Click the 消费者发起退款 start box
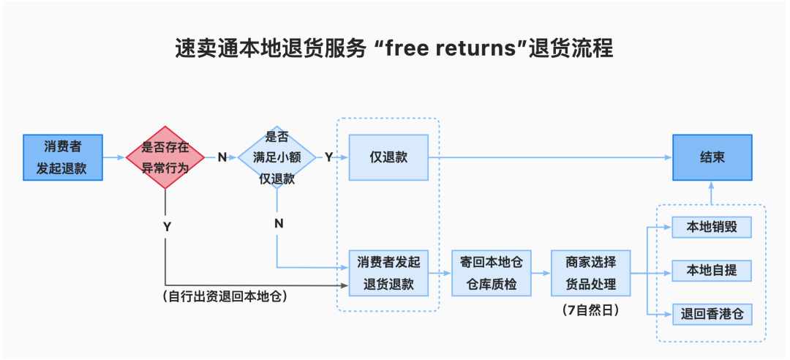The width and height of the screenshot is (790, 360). [63, 157]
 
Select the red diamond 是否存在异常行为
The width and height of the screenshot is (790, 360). [165, 157]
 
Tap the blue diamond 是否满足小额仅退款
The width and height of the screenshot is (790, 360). [277, 157]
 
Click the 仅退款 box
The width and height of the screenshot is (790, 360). [388, 157]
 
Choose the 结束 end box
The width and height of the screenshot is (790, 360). [712, 157]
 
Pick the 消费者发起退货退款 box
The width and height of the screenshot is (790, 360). [388, 273]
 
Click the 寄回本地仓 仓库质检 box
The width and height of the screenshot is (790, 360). [492, 273]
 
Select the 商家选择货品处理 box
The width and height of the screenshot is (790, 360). [590, 273]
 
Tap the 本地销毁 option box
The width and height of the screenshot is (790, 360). [712, 228]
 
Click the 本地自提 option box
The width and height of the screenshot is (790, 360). [712, 271]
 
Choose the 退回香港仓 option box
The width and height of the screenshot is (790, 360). [712, 315]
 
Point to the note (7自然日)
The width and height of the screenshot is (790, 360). [590, 310]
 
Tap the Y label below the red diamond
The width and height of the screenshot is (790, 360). [168, 228]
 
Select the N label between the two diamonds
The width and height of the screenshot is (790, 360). [222, 157]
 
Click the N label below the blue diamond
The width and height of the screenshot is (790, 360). [279, 223]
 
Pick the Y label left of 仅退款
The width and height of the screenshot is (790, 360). [328, 157]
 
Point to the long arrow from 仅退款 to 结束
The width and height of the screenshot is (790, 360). [550, 157]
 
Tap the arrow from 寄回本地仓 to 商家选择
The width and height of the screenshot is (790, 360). [541, 273]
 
